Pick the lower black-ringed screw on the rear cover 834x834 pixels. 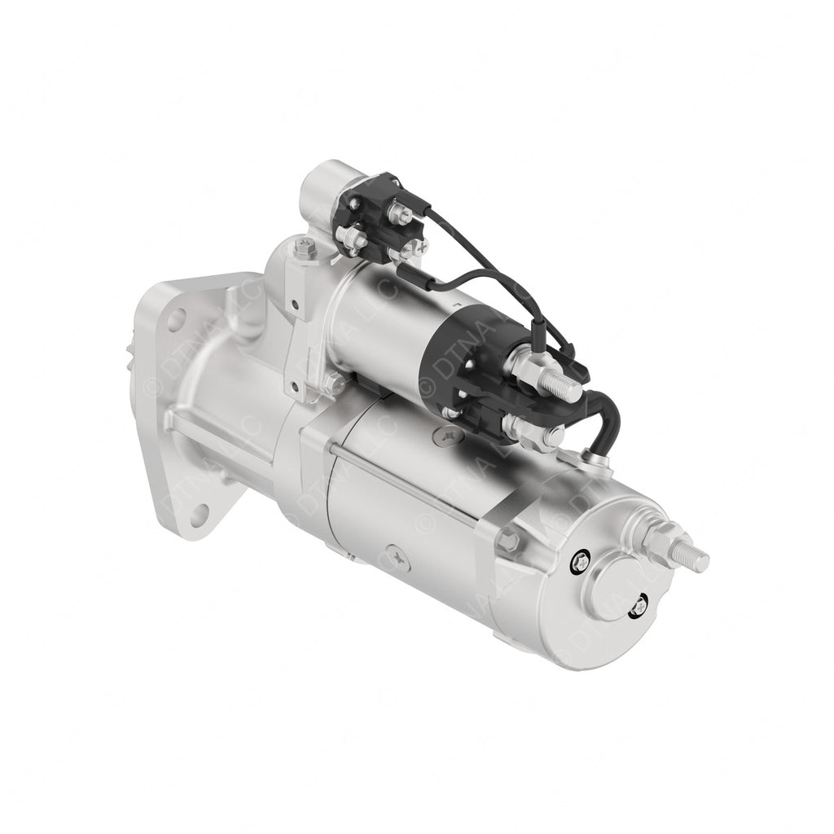(641, 606)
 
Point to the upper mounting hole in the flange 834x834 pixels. (175, 320)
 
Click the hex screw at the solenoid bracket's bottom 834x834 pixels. (335, 382)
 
